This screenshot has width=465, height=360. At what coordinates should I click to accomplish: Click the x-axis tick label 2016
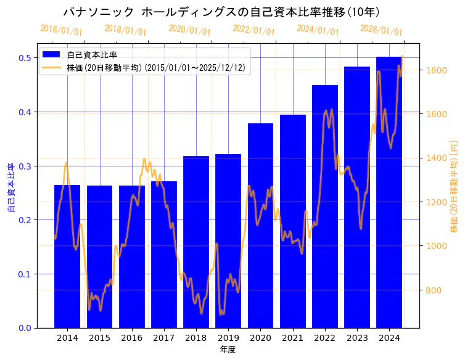point(131,338)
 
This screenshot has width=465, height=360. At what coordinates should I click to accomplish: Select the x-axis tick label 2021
point(292,338)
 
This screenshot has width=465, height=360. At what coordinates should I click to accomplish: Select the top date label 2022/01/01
point(253,30)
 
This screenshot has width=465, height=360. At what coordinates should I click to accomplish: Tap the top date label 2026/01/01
point(381,30)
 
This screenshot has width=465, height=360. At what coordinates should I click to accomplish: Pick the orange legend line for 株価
point(52,68)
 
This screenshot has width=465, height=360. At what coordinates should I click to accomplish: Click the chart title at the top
point(221,12)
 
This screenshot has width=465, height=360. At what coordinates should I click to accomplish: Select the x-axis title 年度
point(228,350)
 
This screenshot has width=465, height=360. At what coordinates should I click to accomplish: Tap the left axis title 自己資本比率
point(10,188)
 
